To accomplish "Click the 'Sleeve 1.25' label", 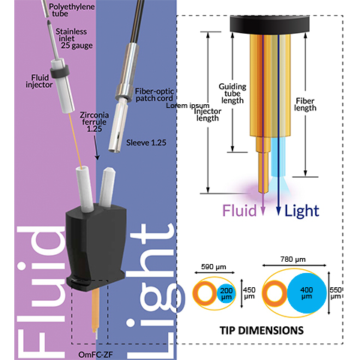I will point(147,142).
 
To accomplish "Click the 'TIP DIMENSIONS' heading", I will point(262,330).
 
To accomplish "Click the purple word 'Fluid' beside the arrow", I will point(236,212).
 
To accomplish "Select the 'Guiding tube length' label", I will point(232,92).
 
